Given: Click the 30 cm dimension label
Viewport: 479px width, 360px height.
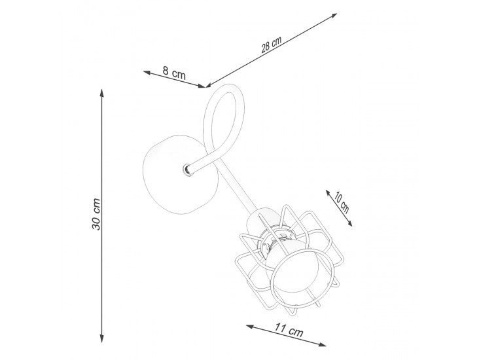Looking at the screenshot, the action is (x=96, y=214).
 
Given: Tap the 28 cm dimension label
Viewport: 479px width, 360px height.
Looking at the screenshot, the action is (x=272, y=45).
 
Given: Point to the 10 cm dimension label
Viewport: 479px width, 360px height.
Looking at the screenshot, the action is (x=341, y=202).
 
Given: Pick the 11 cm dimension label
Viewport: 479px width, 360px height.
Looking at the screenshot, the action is (x=289, y=330).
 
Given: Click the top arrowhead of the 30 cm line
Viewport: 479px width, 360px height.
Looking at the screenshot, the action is (x=102, y=93).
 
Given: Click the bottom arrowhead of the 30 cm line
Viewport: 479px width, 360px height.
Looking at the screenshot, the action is (x=102, y=338).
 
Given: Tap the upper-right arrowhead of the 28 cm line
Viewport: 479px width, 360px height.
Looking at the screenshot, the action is (x=333, y=16).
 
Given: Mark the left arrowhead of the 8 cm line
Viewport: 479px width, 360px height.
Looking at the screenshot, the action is (x=147, y=73).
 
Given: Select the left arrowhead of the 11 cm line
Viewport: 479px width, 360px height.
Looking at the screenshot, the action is (x=251, y=327).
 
